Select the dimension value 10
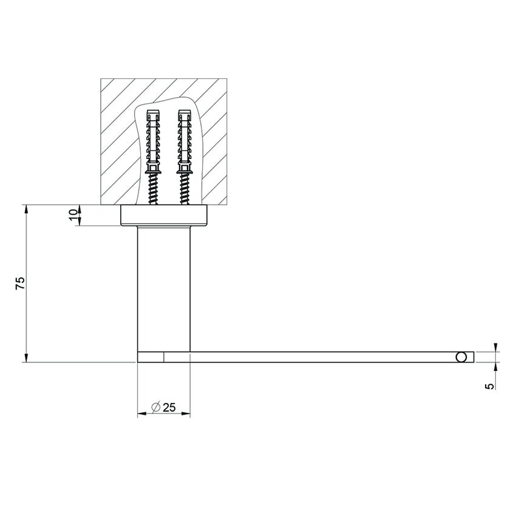click(73, 215)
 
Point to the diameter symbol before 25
click(155, 407)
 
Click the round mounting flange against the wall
click(164, 216)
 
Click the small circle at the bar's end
click(463, 357)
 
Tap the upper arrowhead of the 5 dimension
click(496, 347)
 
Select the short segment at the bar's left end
click(151, 357)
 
